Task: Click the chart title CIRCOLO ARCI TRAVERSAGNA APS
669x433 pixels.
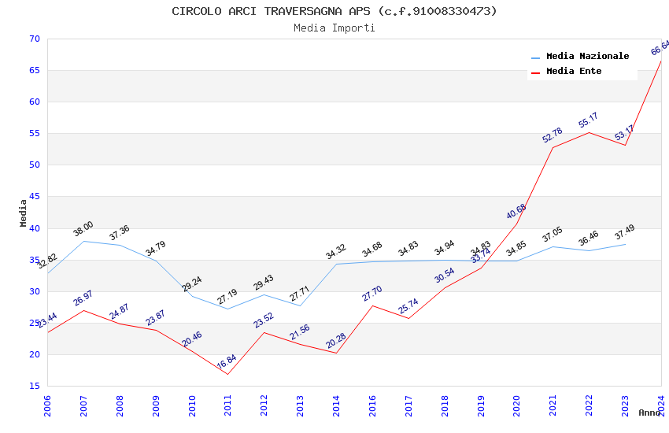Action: point(334,11)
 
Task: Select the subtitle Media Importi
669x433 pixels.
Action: point(334,28)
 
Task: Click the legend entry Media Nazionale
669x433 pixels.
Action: point(587,57)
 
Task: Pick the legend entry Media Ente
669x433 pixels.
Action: point(574,72)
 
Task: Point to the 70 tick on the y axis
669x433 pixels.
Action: point(33,39)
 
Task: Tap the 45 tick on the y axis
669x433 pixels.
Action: point(33,197)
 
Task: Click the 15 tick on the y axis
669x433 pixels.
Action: point(33,386)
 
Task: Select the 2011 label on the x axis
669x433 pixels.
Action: point(228,405)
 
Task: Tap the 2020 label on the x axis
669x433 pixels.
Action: point(517,405)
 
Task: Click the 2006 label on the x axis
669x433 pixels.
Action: point(48,405)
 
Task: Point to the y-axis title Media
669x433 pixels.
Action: point(24,213)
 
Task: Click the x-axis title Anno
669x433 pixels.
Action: point(649,413)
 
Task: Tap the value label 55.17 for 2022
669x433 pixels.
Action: point(588,120)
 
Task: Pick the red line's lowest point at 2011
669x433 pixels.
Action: point(228,374)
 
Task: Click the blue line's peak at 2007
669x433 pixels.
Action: point(84,241)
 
